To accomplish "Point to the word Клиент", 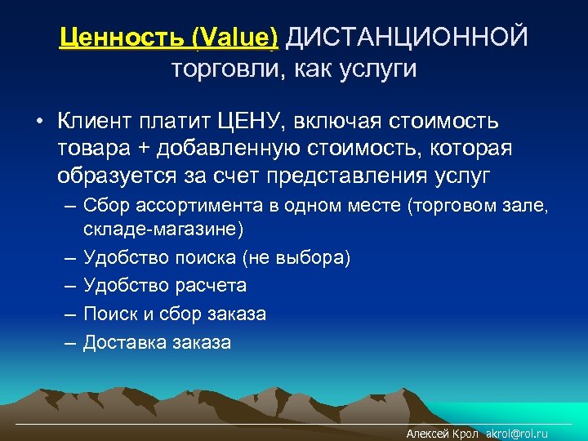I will point(93,122).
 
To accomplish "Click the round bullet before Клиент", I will point(38,122).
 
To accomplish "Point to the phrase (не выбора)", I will point(296,258).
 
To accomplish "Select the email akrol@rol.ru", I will point(517,434).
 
